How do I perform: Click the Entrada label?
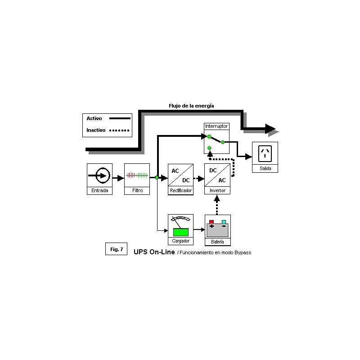coord(99,190)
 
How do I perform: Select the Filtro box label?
coord(137,190)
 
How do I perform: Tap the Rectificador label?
coord(181,190)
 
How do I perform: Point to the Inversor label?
coord(217,190)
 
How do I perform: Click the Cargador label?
coord(181,241)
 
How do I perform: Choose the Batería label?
coord(217,242)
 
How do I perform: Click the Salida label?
coord(265,168)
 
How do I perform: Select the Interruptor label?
coord(216,126)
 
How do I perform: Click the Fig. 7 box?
coord(117,249)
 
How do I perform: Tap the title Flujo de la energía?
coord(191,106)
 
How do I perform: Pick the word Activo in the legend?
coord(94,118)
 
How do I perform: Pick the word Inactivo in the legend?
coord(96,130)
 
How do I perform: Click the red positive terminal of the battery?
coord(211,222)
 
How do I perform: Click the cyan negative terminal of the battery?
coord(224,222)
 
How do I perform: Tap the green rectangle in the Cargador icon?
coord(181,232)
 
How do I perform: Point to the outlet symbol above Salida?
coord(265,153)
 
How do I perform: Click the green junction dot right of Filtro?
coord(157,177)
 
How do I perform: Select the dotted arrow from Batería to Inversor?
coord(217,205)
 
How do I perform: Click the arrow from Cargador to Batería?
coord(199,229)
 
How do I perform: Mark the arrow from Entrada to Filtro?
coord(118,178)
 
